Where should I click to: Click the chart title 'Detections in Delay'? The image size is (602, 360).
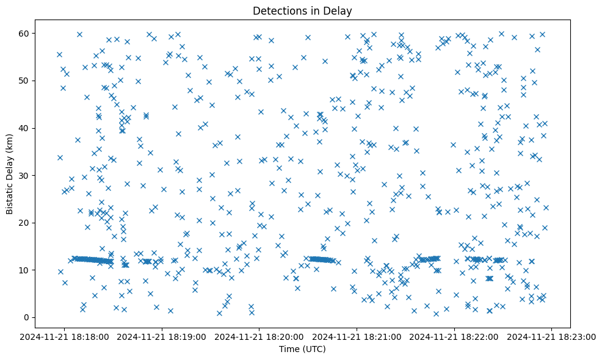(302, 10)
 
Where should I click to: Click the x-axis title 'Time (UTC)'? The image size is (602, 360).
(302, 349)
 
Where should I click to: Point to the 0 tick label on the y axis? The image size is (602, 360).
(26, 317)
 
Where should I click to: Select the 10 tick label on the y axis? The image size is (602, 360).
(24, 270)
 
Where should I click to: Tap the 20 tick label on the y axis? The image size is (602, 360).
(24, 223)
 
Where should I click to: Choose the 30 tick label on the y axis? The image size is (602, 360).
(24, 175)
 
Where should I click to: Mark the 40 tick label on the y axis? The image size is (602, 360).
(24, 128)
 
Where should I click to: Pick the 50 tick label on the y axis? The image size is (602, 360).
(24, 81)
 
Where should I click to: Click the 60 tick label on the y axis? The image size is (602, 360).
(24, 33)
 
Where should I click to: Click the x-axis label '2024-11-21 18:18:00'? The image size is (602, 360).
(65, 336)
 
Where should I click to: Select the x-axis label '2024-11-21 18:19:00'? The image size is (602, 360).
(162, 336)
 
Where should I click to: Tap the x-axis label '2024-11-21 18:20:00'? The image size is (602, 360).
(259, 336)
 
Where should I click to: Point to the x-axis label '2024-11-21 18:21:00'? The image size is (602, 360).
(357, 336)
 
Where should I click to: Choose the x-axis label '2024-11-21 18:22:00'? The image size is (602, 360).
(454, 336)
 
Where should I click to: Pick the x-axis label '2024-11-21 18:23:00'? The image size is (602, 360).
(552, 336)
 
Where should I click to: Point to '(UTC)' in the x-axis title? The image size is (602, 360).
(313, 349)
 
